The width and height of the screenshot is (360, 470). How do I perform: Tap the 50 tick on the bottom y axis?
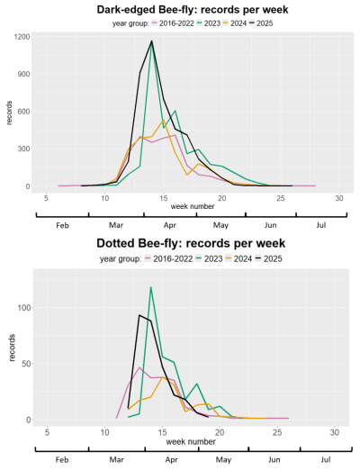(x=25, y=363)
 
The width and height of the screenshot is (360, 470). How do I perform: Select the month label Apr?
(x=168, y=226)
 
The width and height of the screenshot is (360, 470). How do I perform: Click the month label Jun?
(x=272, y=226)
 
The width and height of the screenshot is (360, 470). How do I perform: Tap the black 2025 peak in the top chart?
(x=151, y=41)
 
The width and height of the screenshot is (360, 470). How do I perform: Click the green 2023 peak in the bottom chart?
(x=150, y=287)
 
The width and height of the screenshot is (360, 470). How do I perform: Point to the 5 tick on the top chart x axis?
(x=46, y=197)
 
